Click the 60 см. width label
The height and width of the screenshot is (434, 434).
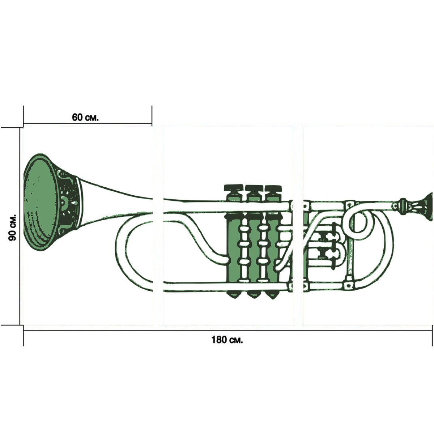(85, 117)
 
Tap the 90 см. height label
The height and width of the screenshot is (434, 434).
(12, 227)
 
